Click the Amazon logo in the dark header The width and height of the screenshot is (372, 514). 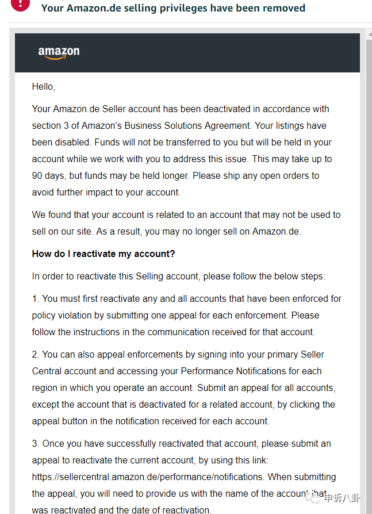[59, 52]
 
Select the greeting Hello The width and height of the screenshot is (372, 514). [43, 87]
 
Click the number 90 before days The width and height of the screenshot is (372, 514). [37, 175]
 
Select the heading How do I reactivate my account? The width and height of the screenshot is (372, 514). [103, 254]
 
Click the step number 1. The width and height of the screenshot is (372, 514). [35, 298]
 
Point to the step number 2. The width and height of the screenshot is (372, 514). [35, 354]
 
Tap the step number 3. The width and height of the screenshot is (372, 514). [35, 443]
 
